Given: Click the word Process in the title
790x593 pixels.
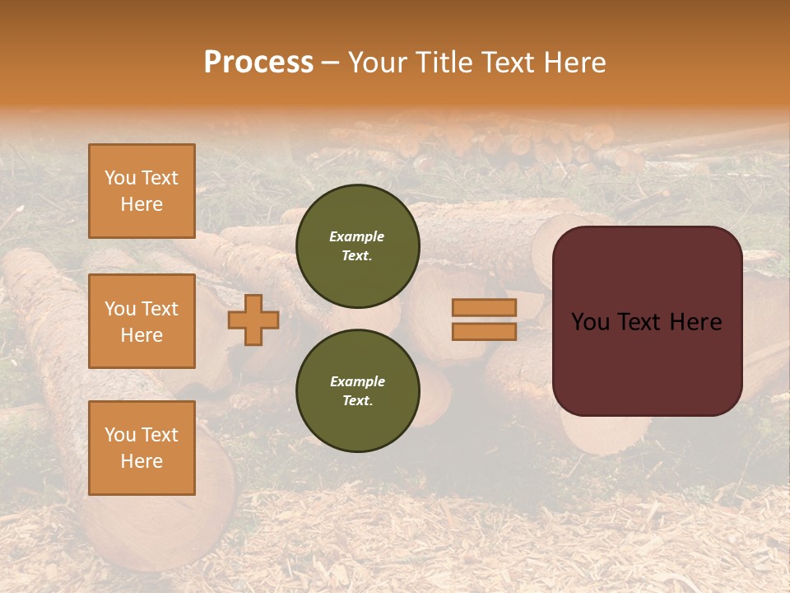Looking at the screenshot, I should pos(258,62).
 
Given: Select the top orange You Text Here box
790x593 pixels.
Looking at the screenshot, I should pos(142,191).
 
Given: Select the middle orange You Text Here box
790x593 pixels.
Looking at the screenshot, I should pos(142,321).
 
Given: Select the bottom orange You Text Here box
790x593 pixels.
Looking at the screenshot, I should pos(142,448).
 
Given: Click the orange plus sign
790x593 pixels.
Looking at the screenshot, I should pos(253,320).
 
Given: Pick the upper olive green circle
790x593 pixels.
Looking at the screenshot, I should pos(358,246).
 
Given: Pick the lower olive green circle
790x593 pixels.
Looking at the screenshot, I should pos(358,391).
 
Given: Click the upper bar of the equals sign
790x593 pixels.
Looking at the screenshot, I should pos(484,308).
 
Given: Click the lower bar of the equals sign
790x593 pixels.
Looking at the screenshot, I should pos(484,332).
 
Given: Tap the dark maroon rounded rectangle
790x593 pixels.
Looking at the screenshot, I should pos(647,362).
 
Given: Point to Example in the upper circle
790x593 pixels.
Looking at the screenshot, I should pos(356,236).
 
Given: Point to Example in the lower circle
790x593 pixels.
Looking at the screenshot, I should pos(357,381).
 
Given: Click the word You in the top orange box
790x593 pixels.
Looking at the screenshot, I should pos(120,178).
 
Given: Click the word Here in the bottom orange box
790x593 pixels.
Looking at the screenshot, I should pos(142,461).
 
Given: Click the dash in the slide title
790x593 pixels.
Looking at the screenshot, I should pos(330,62).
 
